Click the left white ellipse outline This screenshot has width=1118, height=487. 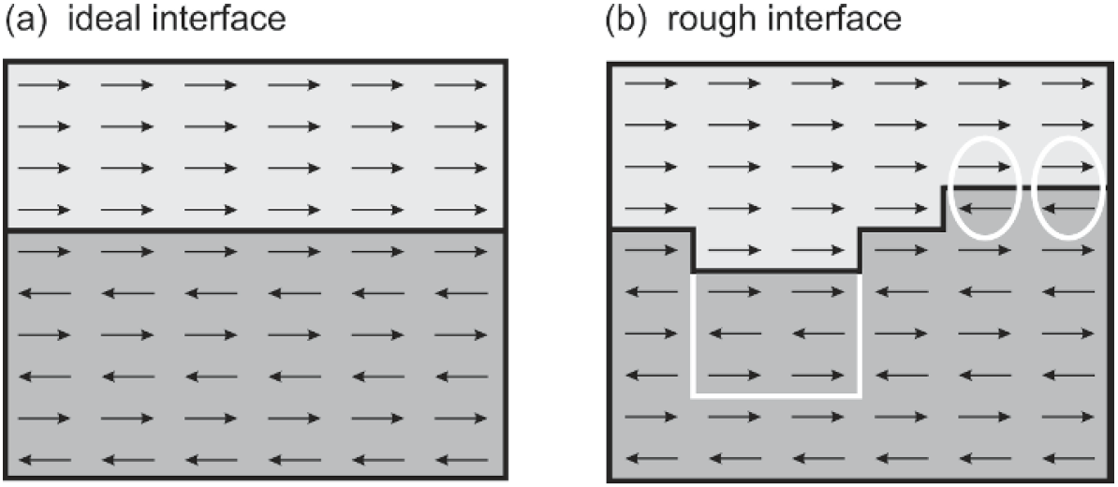click(x=950, y=187)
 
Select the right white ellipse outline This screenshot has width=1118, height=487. click(x=1034, y=187)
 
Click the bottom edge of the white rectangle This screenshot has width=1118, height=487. click(x=775, y=395)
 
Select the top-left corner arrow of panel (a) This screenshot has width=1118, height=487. click(x=43, y=85)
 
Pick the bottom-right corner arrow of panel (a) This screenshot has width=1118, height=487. click(x=461, y=459)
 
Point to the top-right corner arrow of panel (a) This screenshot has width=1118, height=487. click(x=461, y=85)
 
